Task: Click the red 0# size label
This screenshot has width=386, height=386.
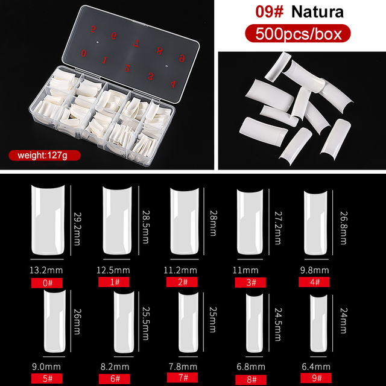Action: [46, 283]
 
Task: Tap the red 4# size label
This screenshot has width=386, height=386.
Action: [314, 282]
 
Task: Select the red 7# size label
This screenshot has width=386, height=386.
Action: [182, 378]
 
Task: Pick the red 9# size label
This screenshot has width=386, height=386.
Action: [316, 378]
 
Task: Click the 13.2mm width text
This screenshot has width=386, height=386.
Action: [46, 270]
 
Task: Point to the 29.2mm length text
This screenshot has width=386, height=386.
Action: [77, 229]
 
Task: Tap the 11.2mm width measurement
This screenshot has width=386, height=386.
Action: [180, 270]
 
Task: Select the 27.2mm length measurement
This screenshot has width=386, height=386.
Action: [278, 228]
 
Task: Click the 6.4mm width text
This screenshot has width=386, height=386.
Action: [316, 367]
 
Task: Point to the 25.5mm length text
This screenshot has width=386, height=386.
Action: [145, 323]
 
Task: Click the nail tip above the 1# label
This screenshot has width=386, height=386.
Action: [117, 220]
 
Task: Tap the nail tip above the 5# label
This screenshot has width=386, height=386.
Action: [55, 321]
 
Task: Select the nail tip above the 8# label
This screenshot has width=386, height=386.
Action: [255, 323]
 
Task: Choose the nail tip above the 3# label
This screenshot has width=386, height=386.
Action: [250, 222]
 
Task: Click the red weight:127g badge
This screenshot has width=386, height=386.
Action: [45, 156]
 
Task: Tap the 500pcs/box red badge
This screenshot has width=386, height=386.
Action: [298, 34]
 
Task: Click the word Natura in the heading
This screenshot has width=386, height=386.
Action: [317, 11]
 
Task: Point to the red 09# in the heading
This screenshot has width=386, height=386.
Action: [270, 11]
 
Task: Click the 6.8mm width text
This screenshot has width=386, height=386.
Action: [251, 367]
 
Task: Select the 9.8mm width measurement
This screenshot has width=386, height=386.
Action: [314, 270]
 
